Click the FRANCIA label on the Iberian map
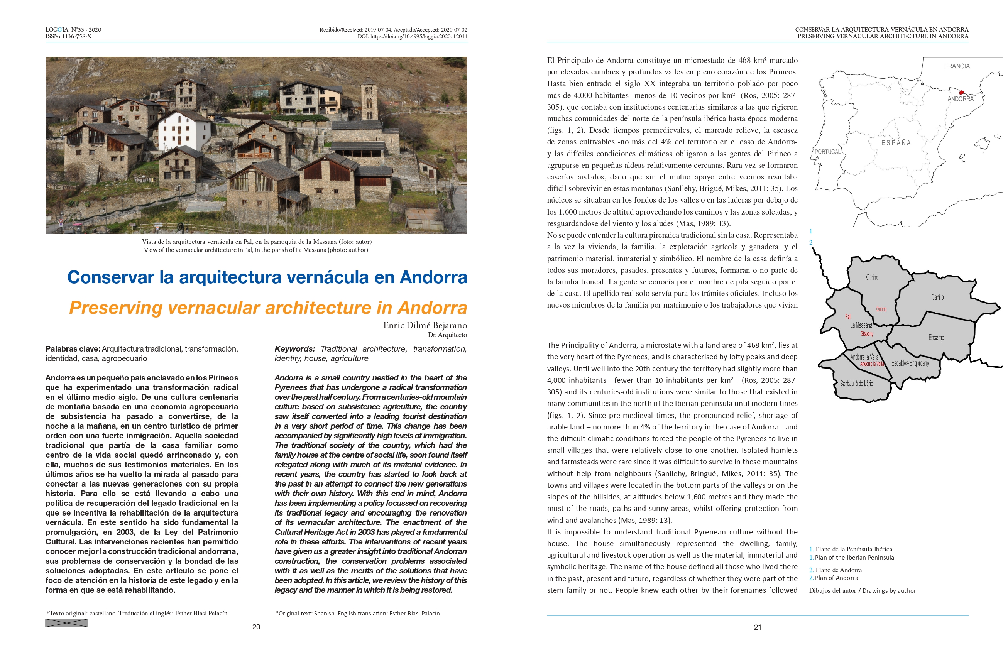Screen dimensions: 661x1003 [957, 66]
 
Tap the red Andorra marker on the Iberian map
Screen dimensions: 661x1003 [961, 92]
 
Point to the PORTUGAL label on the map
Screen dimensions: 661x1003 [827, 152]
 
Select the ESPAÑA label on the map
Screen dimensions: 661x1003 [896, 143]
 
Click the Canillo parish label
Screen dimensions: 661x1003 [937, 297]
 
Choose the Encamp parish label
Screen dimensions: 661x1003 [936, 337]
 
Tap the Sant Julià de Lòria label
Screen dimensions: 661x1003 [856, 384]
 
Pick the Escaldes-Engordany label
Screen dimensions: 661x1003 [910, 363]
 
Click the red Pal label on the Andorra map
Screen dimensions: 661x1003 [848, 316]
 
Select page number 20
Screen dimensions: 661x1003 [256, 627]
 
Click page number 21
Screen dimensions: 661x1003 [758, 627]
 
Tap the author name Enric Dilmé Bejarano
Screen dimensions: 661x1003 [425, 325]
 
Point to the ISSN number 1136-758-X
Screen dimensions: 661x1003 [76, 36]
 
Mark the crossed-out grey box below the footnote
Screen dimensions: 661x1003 [67, 623]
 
